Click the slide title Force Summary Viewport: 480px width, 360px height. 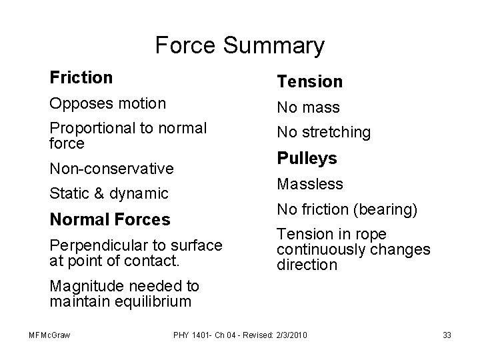tap(239, 45)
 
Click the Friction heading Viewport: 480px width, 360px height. tap(81, 78)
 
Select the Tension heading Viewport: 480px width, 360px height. tap(309, 82)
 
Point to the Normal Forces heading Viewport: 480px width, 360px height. tap(110, 219)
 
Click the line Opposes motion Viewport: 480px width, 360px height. tap(107, 103)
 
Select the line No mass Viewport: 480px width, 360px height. tap(308, 107)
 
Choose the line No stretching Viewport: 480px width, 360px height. tap(323, 132)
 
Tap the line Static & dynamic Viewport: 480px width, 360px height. tap(109, 194)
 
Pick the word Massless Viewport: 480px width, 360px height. tap(310, 183)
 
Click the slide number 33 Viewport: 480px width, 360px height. tap(447, 334)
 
